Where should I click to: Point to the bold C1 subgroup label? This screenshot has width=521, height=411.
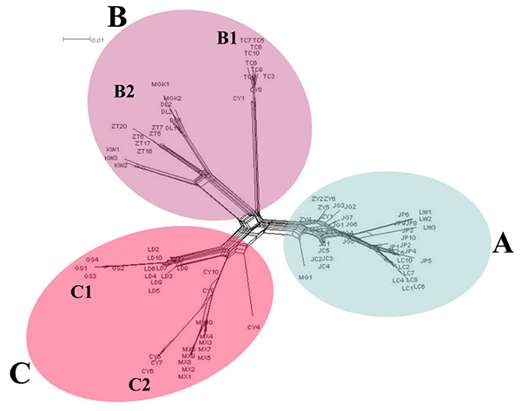pyautogui.click(x=82, y=293)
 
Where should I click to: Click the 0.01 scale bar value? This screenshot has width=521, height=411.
pyautogui.click(x=96, y=40)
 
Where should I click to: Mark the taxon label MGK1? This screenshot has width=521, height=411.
pyautogui.click(x=160, y=83)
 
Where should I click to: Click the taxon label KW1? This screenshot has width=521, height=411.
pyautogui.click(x=113, y=149)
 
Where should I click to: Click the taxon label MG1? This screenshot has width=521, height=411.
pyautogui.click(x=305, y=276)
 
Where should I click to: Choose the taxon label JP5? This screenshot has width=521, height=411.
pyautogui.click(x=425, y=261)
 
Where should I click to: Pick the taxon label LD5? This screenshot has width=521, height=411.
pyautogui.click(x=155, y=291)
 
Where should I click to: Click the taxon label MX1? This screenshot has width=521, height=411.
pyautogui.click(x=185, y=377)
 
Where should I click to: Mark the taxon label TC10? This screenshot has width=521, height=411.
pyautogui.click(x=253, y=54)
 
